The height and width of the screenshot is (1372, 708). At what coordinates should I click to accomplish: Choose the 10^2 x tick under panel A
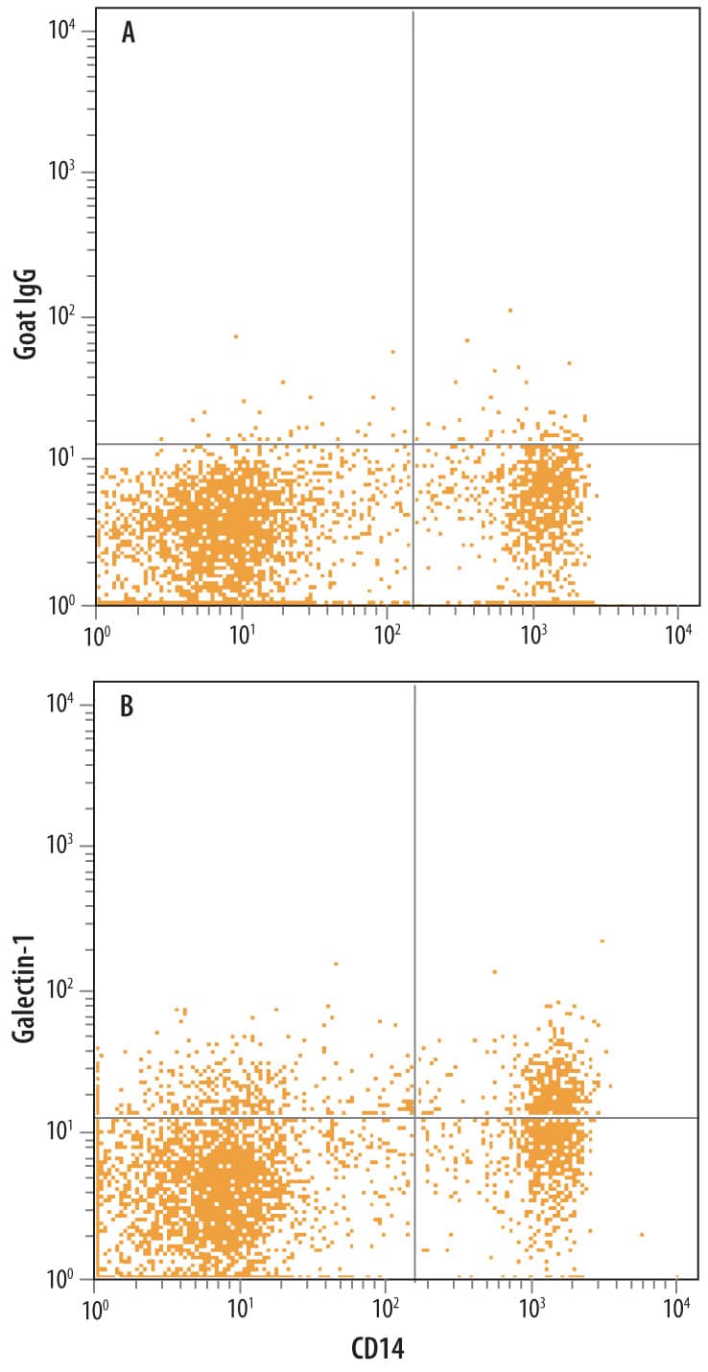tap(387, 634)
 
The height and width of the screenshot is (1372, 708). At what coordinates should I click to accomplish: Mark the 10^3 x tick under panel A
tap(532, 634)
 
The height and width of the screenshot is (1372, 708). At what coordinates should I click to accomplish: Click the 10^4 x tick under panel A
tap(678, 634)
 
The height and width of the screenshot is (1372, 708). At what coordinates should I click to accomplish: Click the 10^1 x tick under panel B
tap(241, 1307)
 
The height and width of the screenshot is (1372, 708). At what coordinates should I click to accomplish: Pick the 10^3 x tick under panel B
tap(531, 1307)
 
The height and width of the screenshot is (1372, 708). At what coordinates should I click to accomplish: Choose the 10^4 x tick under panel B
tap(676, 1307)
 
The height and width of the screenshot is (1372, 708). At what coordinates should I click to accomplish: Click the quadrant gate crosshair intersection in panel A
tap(413, 444)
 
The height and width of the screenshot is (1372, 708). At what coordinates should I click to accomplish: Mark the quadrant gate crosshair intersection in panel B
tap(414, 1118)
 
